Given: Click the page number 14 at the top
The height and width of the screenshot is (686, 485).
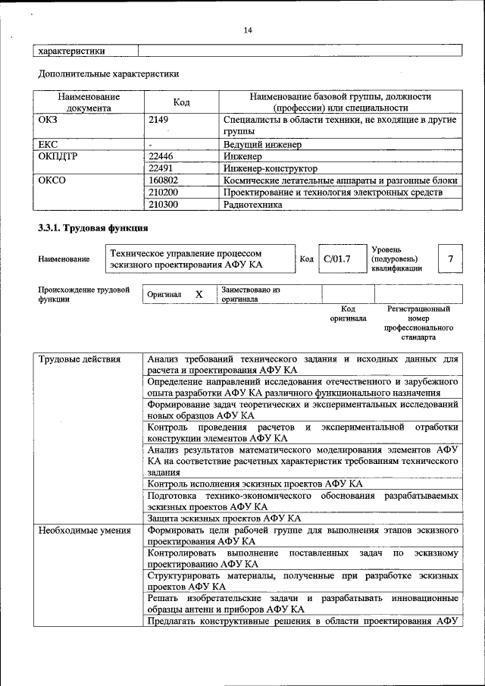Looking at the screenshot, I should pyautogui.click(x=247, y=30).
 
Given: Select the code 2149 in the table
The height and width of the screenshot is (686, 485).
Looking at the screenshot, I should pyautogui.click(x=159, y=120).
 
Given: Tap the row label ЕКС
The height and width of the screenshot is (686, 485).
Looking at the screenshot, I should pyautogui.click(x=48, y=144).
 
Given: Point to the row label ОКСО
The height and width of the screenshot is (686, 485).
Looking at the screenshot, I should pyautogui.click(x=50, y=180).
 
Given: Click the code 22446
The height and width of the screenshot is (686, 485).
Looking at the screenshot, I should pyautogui.click(x=162, y=156).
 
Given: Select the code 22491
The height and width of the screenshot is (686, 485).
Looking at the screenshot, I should pyautogui.click(x=162, y=168).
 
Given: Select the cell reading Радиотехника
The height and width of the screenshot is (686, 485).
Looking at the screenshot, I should pyautogui.click(x=252, y=205).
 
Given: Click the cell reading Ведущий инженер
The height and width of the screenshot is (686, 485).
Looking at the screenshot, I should pyautogui.click(x=262, y=144).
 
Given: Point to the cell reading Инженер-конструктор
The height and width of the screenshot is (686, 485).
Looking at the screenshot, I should pyautogui.click(x=270, y=168).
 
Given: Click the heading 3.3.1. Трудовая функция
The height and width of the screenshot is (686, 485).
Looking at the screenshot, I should pyautogui.click(x=92, y=228).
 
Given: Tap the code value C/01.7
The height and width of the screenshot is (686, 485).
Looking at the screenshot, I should pyautogui.click(x=336, y=259).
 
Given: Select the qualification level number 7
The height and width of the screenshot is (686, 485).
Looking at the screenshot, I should pyautogui.click(x=450, y=259).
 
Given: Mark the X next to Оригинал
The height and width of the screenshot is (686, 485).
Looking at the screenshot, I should pyautogui.click(x=199, y=294).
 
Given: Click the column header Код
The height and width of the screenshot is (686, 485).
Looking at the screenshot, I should pyautogui.click(x=181, y=102).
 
